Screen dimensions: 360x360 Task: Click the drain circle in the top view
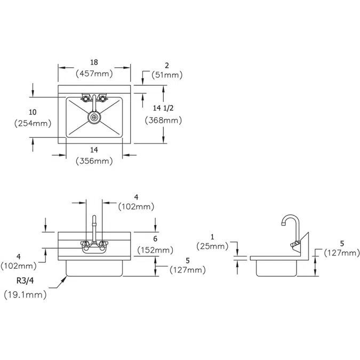pos(94,116)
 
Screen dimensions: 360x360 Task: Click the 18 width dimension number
pos(95,62)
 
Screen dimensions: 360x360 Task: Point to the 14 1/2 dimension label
pos(163,108)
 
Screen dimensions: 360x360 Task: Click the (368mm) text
pos(163,120)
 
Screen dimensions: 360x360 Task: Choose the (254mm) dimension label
pos(33,123)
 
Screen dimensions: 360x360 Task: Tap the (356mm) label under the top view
pos(94,161)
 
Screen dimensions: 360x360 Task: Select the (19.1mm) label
pos(25,294)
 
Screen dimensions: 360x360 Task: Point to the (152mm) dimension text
pos(155,250)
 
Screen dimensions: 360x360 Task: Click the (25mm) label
pos(212,246)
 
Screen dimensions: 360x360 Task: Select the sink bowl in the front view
pos(94,269)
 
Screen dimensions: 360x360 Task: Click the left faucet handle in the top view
pos(85,98)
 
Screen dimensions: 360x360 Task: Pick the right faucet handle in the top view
pos(103,98)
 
